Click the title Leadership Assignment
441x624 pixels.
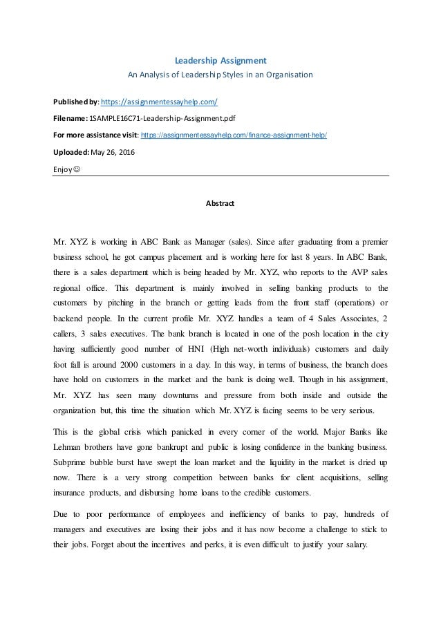[x=220, y=59]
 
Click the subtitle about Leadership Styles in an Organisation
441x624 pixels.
[x=220, y=74]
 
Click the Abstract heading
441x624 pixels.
[x=220, y=204]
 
